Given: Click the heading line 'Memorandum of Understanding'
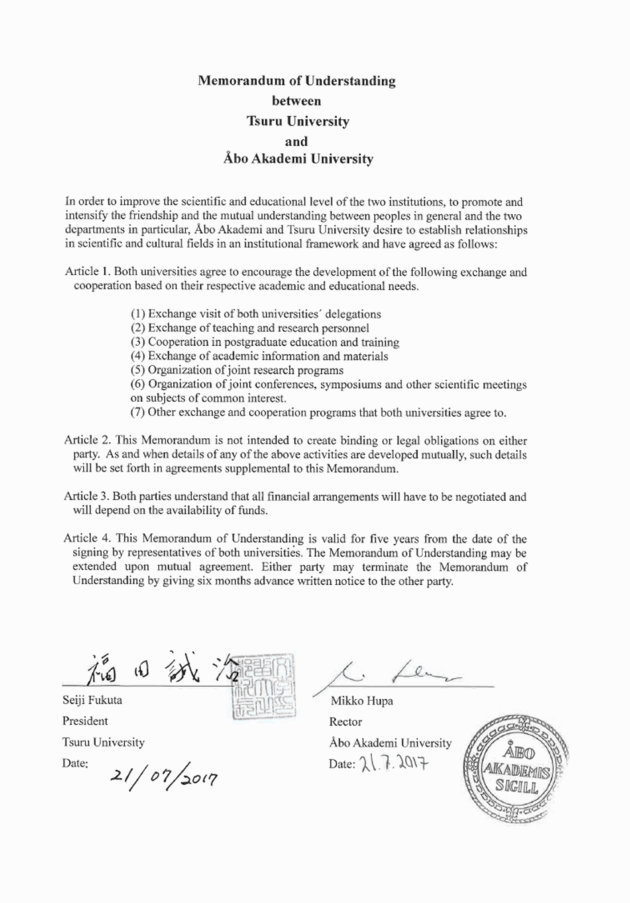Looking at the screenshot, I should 298,80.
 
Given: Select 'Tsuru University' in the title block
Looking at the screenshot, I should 298,119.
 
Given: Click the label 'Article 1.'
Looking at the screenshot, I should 91,272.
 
